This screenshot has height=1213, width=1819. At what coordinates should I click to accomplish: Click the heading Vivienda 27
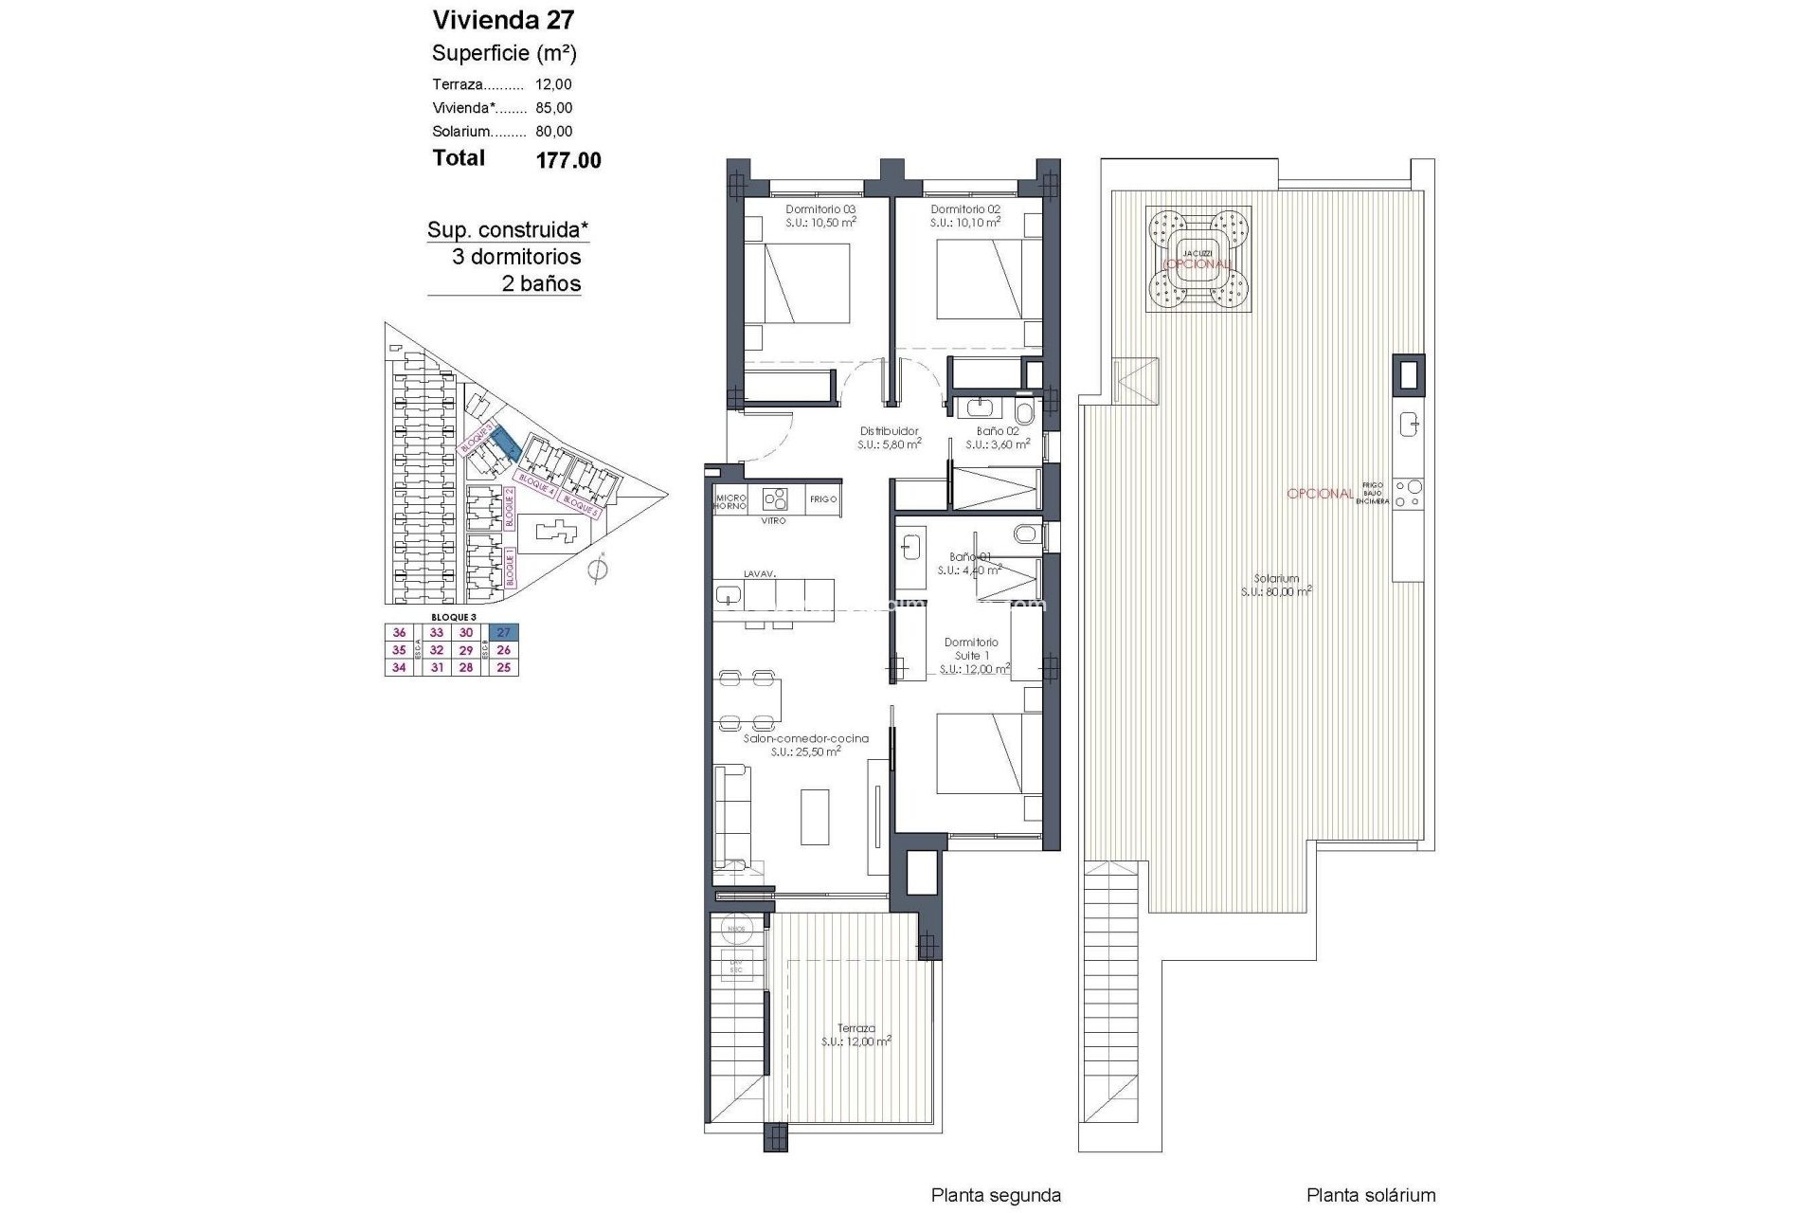point(503,20)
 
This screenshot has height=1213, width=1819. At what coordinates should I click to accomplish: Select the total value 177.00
point(568,160)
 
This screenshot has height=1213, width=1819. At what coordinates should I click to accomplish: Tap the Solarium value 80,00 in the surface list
point(554,132)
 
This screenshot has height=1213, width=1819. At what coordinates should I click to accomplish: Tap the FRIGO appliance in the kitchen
point(823,499)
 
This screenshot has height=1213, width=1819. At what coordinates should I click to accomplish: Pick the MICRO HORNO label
point(730,501)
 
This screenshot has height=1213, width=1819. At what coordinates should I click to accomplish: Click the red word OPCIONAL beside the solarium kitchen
point(1320,494)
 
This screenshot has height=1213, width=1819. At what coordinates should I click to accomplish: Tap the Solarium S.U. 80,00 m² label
point(1276,585)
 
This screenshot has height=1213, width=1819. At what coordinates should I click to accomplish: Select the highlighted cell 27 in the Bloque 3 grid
point(504,633)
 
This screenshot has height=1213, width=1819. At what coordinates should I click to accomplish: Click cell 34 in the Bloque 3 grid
point(399,667)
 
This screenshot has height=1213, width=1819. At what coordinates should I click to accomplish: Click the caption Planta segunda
point(996,1195)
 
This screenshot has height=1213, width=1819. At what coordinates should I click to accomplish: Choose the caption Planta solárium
point(1371,1195)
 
